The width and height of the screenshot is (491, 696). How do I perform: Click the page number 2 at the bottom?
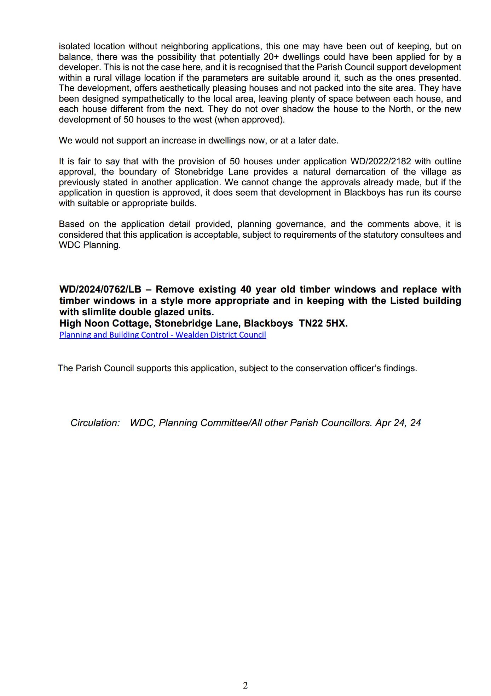point(245,685)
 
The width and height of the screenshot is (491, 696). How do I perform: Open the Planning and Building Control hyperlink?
point(162,335)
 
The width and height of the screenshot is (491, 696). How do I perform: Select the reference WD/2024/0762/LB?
point(100,289)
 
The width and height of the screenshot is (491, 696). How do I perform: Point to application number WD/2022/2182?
point(381,162)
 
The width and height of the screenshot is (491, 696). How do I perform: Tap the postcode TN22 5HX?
point(323,323)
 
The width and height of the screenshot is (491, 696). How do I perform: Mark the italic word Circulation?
point(95,423)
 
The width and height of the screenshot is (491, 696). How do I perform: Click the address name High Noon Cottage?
point(104,323)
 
